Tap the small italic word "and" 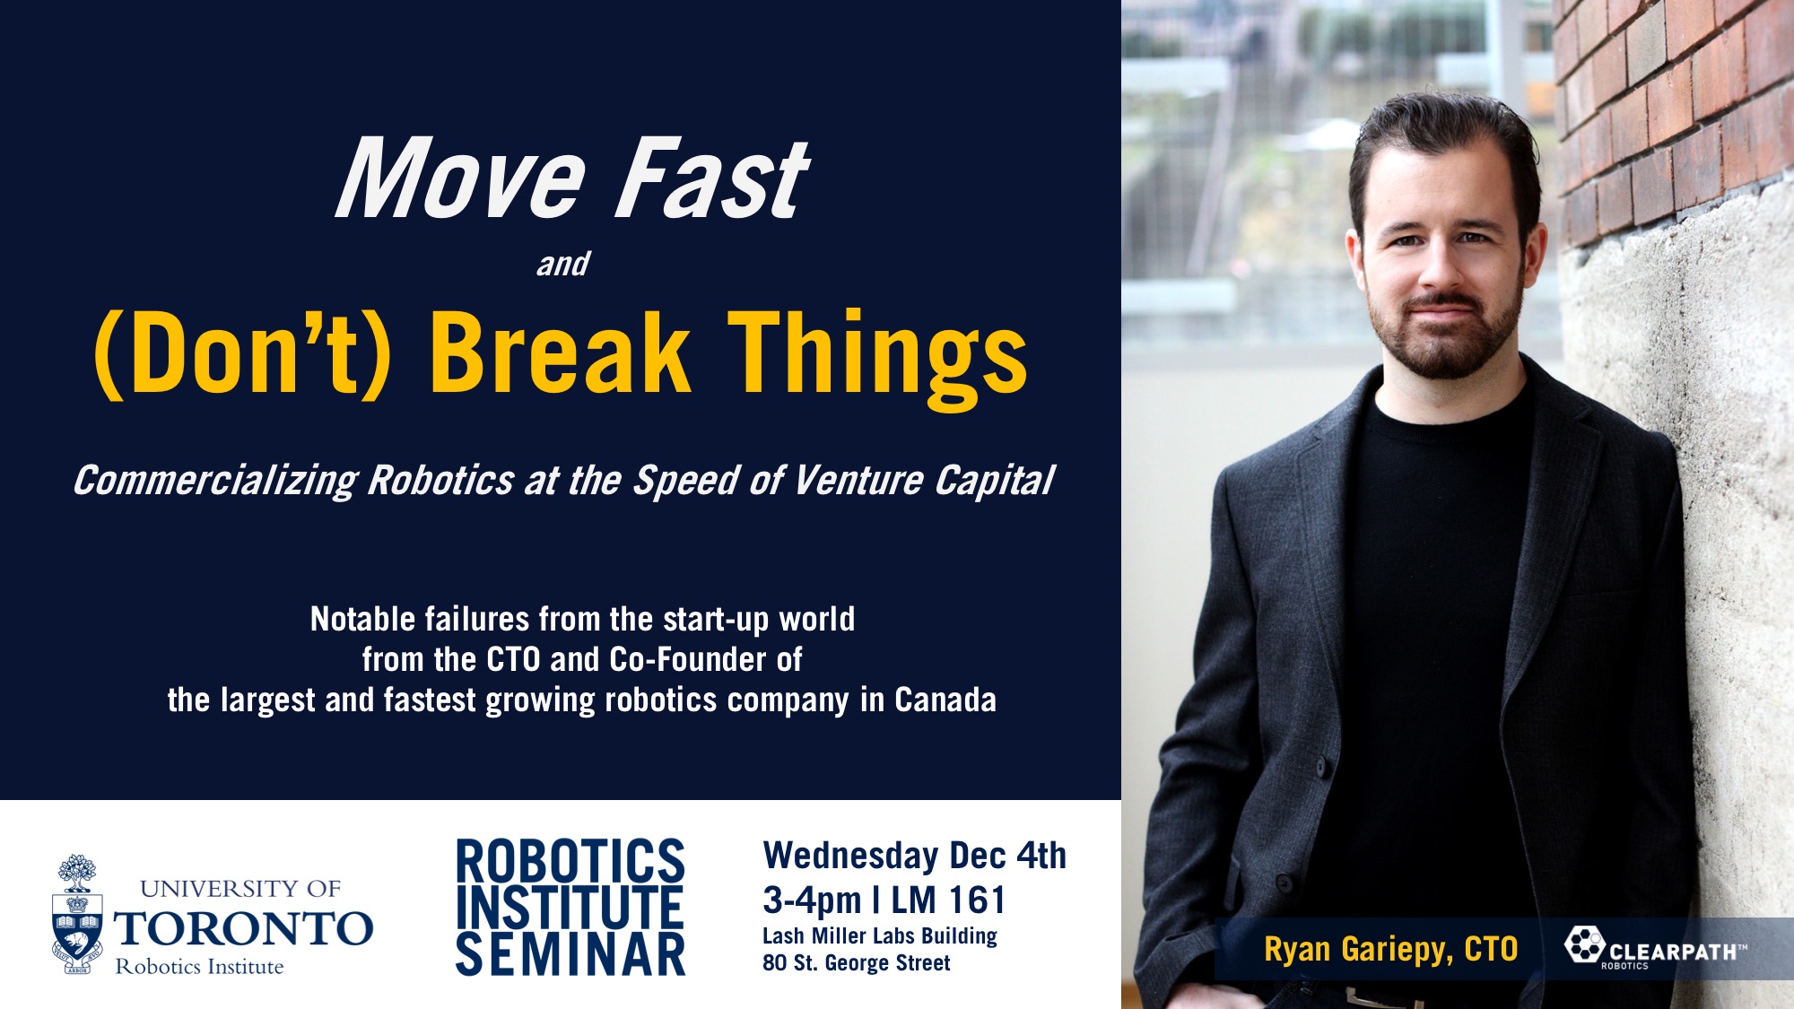pyautogui.click(x=563, y=264)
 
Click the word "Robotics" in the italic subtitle pyautogui.click(x=440, y=481)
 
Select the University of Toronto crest pyautogui.click(x=77, y=914)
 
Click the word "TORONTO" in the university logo pyautogui.click(x=243, y=928)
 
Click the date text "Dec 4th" pyautogui.click(x=1008, y=856)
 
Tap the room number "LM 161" pyautogui.click(x=948, y=900)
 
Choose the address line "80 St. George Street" pyautogui.click(x=857, y=963)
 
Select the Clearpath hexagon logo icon pyautogui.click(x=1586, y=944)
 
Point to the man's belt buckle pyautogui.click(x=1373, y=998)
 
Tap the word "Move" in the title pyautogui.click(x=462, y=178)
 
